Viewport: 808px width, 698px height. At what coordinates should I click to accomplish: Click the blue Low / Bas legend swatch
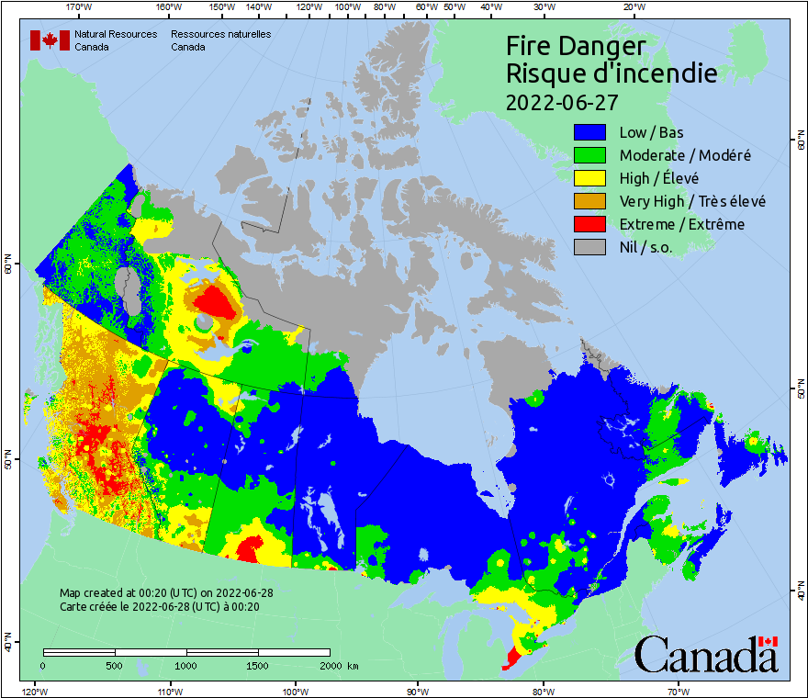[x=589, y=132]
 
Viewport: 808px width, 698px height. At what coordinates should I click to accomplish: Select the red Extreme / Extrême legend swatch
[x=589, y=224]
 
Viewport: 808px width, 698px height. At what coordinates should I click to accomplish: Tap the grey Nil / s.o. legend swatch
[x=589, y=247]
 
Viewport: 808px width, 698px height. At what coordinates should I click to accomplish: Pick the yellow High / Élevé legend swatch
[x=589, y=178]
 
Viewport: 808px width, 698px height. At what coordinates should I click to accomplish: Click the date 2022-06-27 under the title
[x=562, y=101]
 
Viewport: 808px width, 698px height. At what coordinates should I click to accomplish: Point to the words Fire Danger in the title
[x=576, y=46]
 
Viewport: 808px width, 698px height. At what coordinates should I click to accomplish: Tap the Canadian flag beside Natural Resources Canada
[x=50, y=40]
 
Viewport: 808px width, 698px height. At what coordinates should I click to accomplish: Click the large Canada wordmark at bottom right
[x=706, y=655]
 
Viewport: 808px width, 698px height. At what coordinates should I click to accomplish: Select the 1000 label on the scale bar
[x=186, y=665]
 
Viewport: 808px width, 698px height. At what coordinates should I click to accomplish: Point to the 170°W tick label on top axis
[x=80, y=7]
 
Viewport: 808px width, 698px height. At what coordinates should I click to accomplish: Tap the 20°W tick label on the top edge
[x=633, y=7]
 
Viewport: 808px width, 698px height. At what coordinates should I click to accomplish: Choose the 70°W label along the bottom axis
[x=678, y=691]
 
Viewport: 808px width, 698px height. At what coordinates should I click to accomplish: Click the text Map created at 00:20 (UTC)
[x=165, y=592]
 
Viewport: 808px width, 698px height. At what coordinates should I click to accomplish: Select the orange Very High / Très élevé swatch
[x=589, y=201]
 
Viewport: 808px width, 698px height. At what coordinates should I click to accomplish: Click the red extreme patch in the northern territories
[x=217, y=300]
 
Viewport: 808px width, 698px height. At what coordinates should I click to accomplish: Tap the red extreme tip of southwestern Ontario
[x=511, y=658]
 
